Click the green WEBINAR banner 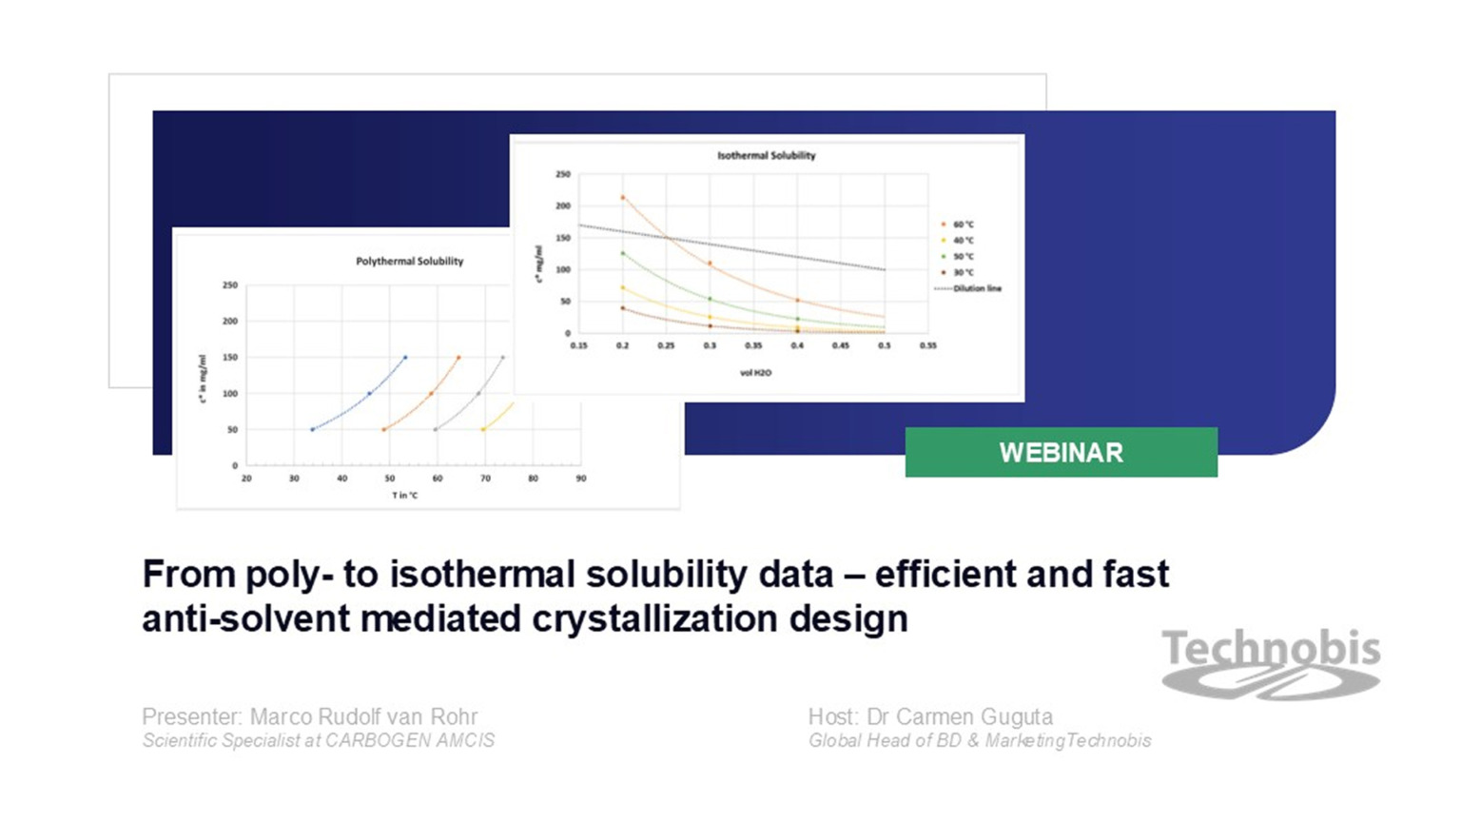tap(1061, 452)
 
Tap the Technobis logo tap(1271, 662)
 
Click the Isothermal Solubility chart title tap(766, 155)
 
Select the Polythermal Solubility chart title tap(409, 261)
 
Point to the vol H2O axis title tap(755, 373)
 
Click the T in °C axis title tap(404, 495)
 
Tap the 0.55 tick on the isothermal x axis tap(927, 345)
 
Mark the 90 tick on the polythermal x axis tap(580, 479)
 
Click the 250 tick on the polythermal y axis tap(229, 284)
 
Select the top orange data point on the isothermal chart tap(623, 198)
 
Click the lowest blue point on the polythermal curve tap(312, 429)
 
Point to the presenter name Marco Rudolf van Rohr tap(363, 716)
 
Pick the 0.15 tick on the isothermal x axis tap(578, 345)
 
